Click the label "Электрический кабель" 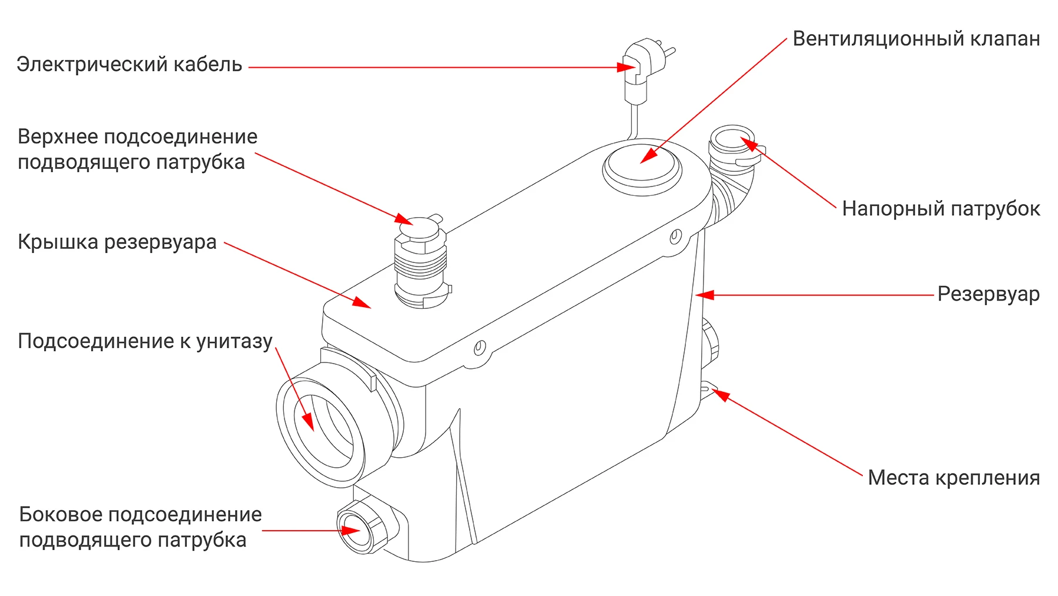pyautogui.click(x=129, y=64)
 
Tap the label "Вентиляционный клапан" pyautogui.click(x=916, y=39)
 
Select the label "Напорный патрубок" pyautogui.click(x=941, y=209)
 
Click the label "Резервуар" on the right pyautogui.click(x=989, y=294)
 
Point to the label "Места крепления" pyautogui.click(x=954, y=478)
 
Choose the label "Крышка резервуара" pyautogui.click(x=117, y=242)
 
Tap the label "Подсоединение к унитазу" pyautogui.click(x=145, y=341)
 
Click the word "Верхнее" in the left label pyautogui.click(x=57, y=137)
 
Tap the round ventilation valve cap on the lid pyautogui.click(x=642, y=167)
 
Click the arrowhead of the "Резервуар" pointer pyautogui.click(x=704, y=295)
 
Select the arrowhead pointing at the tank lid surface pyautogui.click(x=362, y=302)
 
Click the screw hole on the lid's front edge pyautogui.click(x=480, y=347)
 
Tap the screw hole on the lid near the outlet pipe pyautogui.click(x=675, y=237)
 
